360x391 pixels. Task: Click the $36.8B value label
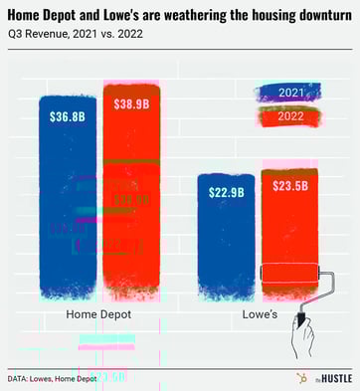pyautogui.click(x=68, y=115)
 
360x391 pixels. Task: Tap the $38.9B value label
pyautogui.click(x=131, y=103)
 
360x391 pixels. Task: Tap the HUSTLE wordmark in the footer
pyautogui.click(x=329, y=379)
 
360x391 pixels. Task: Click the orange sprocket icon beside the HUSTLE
pyautogui.click(x=299, y=378)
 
